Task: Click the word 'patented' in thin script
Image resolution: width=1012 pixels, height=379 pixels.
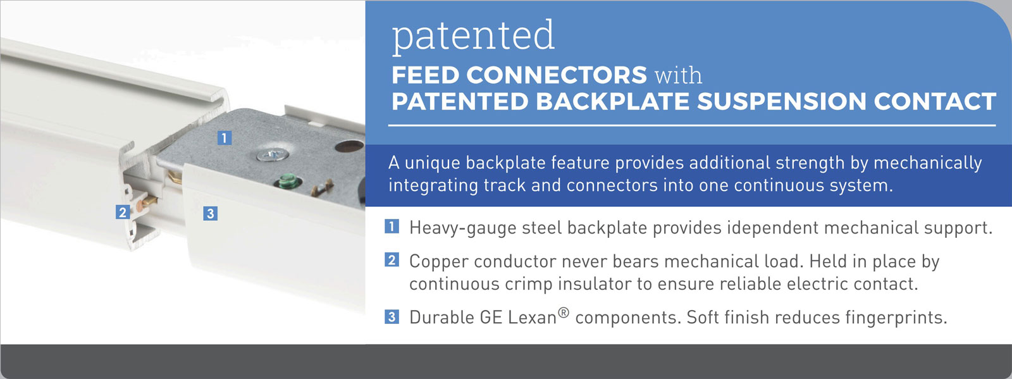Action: [473, 36]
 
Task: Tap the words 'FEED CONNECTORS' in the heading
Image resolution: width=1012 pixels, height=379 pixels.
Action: [519, 75]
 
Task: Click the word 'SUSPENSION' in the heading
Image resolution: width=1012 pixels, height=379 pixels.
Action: [781, 101]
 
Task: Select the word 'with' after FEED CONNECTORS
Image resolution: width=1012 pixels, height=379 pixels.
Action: [679, 75]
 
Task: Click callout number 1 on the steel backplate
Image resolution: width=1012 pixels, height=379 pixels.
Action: [225, 137]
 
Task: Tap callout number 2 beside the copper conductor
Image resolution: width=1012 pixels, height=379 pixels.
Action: [123, 212]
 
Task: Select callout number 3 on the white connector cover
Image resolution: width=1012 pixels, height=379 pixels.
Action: [210, 213]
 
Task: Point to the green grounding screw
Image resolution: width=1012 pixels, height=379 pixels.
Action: [288, 182]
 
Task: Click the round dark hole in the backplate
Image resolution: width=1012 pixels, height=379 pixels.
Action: [349, 146]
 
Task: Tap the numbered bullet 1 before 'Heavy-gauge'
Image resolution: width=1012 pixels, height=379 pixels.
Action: [392, 227]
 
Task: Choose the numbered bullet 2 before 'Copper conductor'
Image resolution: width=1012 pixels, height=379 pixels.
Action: [392, 260]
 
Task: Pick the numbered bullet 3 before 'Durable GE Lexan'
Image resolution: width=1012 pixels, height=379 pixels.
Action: [392, 316]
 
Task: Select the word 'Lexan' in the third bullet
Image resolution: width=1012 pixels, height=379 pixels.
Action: [532, 318]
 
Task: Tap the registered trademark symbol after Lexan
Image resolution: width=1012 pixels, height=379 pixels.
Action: [564, 313]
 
